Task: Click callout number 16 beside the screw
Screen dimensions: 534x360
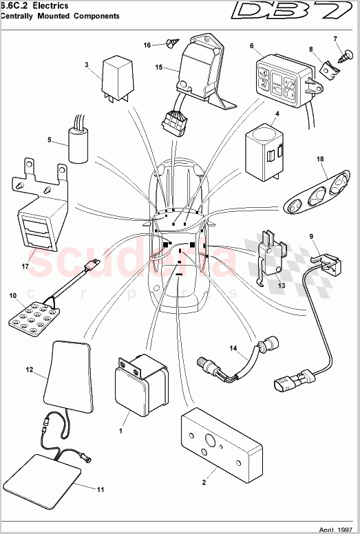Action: point(147,45)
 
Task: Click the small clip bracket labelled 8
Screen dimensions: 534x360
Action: point(326,67)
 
